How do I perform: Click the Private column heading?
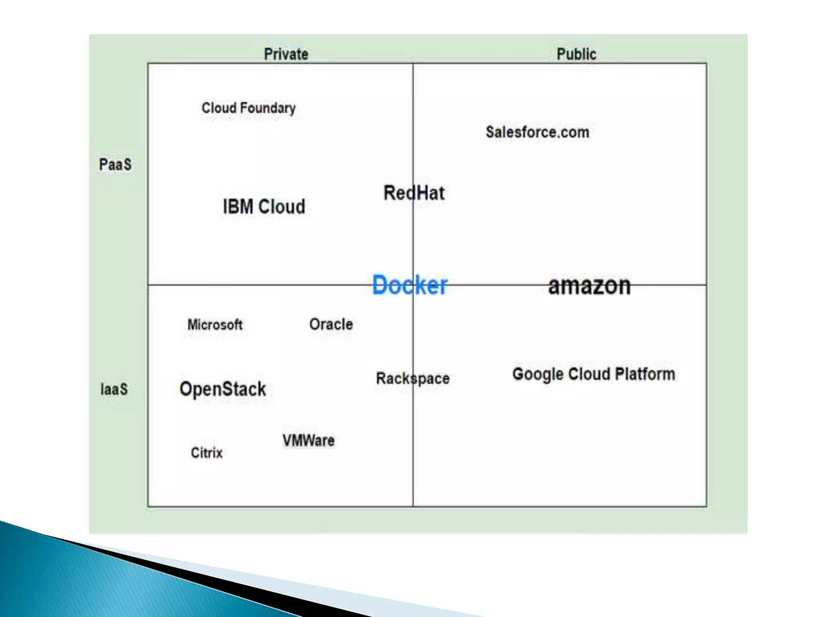286,54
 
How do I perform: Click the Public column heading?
576,54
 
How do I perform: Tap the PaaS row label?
115,165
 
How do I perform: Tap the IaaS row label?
114,389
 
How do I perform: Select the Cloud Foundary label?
248,108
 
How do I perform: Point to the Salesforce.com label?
537,132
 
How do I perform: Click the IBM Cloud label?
264,207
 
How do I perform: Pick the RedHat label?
414,193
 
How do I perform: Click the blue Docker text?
409,285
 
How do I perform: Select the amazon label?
589,286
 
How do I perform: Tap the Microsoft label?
215,325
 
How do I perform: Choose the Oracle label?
331,324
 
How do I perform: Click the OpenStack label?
223,389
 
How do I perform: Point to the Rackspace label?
413,378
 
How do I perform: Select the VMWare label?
308,441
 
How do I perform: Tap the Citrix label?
207,453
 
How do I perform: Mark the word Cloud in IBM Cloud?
282,207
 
